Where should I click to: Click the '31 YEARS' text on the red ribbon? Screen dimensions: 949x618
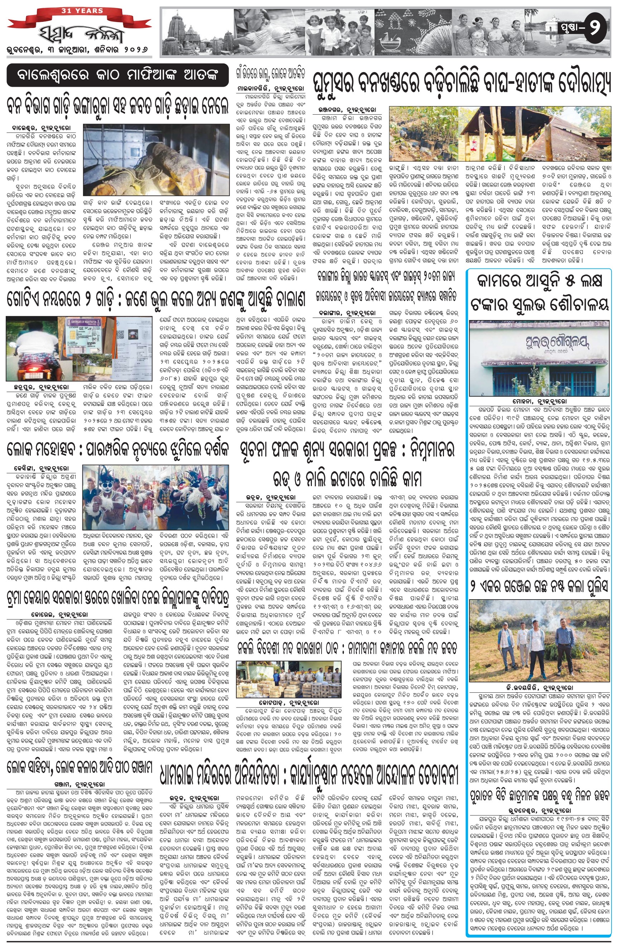click(x=82, y=11)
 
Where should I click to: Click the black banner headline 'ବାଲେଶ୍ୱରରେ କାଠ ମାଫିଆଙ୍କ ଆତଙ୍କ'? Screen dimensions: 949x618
click(x=119, y=75)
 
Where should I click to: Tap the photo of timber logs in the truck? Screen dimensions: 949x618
click(x=156, y=159)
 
